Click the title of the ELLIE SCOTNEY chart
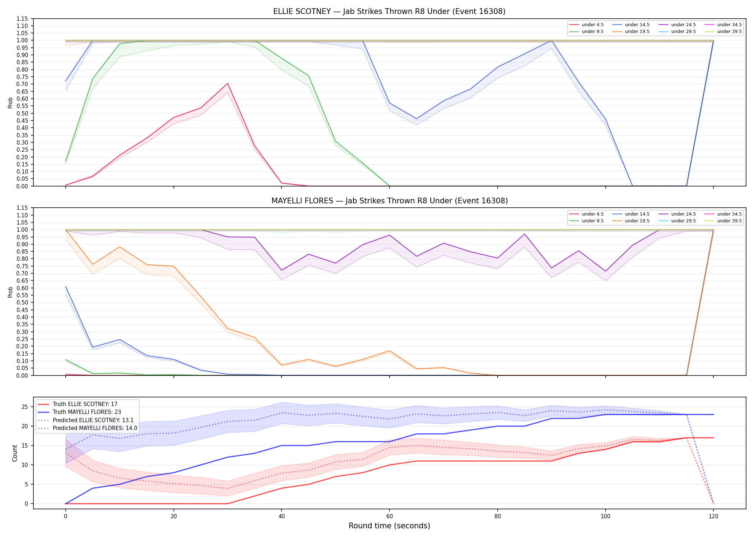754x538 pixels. click(x=389, y=11)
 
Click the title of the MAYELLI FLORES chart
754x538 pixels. click(x=390, y=201)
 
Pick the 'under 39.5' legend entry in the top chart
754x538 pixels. click(x=723, y=32)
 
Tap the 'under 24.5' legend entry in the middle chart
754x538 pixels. click(x=678, y=214)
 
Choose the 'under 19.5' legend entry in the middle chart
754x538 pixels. click(x=631, y=221)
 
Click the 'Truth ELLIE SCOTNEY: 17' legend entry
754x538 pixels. click(x=78, y=404)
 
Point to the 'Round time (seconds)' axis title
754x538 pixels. click(x=389, y=526)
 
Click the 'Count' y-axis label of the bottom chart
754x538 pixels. click(x=15, y=453)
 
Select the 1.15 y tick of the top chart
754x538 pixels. click(x=22, y=19)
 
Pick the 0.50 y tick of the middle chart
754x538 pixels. click(x=22, y=303)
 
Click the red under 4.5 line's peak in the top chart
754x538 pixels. click(x=227, y=84)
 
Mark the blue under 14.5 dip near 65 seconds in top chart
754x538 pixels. click(x=416, y=119)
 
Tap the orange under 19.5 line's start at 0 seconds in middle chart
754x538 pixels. click(x=66, y=230)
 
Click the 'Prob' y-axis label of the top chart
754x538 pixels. click(x=10, y=103)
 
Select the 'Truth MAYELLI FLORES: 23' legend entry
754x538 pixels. click(x=79, y=412)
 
